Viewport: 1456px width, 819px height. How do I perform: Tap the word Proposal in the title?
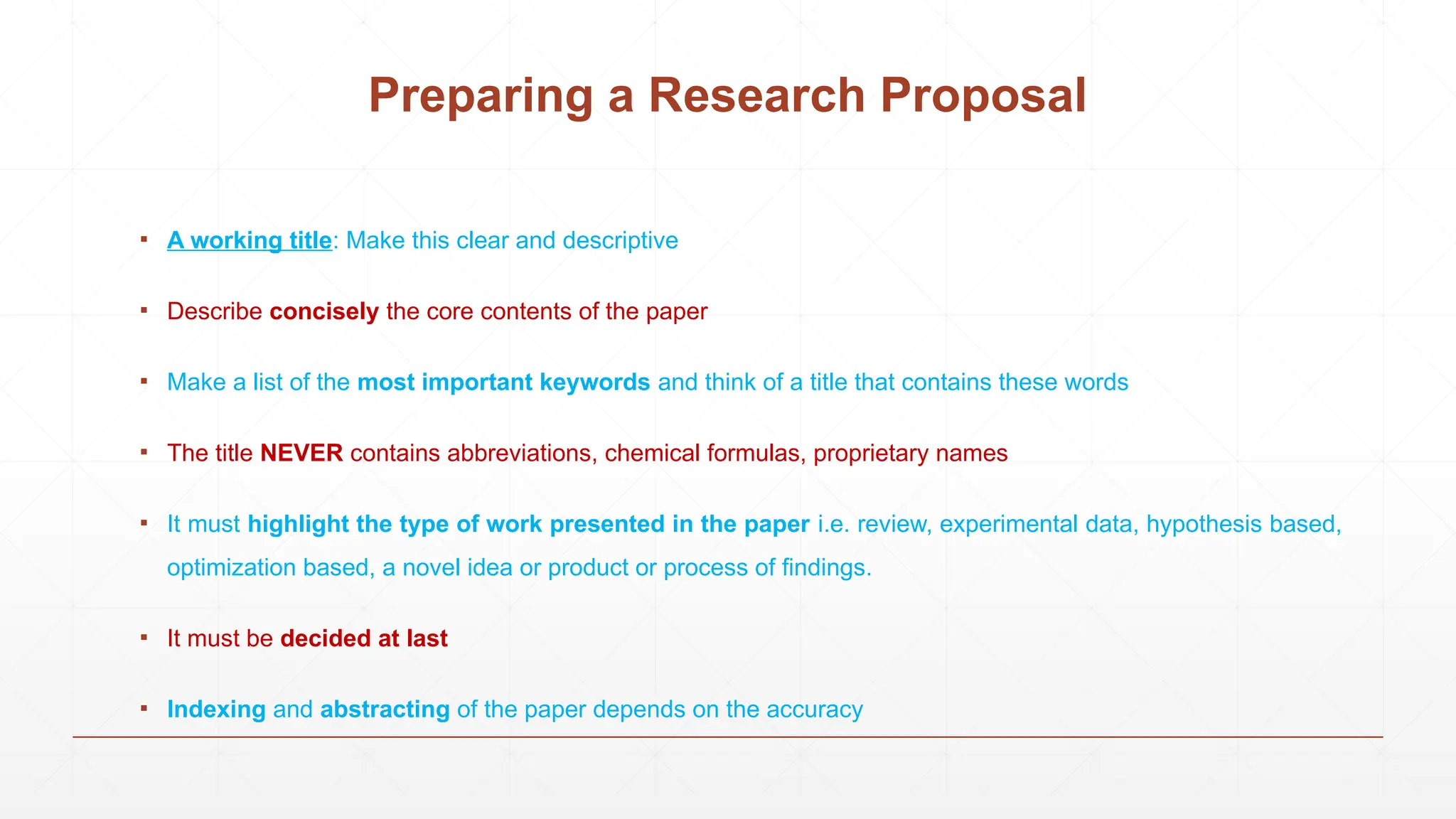click(983, 95)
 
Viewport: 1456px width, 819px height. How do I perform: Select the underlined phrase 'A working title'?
click(250, 240)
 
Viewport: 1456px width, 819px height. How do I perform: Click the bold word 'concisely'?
click(324, 311)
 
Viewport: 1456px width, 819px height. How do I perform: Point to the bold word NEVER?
click(301, 453)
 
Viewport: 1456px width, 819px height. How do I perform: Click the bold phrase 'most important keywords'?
click(503, 382)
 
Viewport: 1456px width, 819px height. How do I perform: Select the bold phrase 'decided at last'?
click(364, 638)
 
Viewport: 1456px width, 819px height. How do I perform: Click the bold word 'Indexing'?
click(216, 709)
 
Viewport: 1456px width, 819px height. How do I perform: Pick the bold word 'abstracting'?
click(385, 709)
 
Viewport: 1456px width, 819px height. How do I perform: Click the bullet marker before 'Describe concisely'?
click(144, 310)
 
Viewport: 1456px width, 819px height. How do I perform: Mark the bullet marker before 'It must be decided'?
click(144, 637)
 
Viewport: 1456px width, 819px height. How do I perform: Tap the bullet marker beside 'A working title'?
click(144, 239)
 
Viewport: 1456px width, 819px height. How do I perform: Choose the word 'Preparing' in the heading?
click(481, 95)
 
